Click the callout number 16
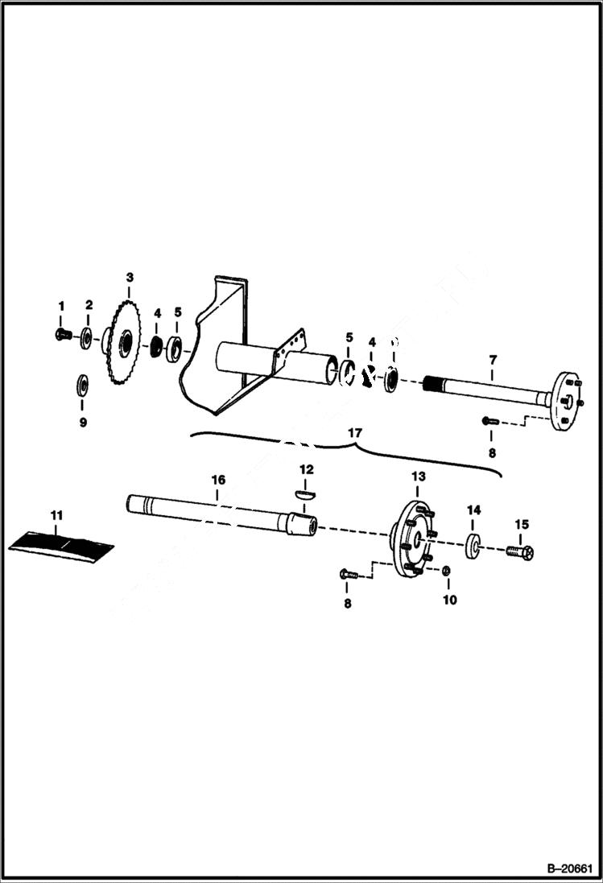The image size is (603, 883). coord(217,480)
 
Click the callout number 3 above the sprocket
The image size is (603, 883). coord(129,279)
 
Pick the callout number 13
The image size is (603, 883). coord(418,477)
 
